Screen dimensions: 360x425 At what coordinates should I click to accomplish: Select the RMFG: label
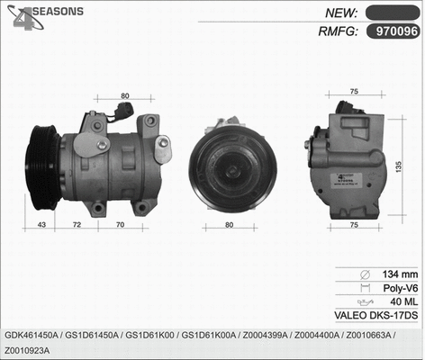(x=338, y=31)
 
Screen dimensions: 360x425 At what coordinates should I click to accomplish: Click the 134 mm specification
(x=401, y=274)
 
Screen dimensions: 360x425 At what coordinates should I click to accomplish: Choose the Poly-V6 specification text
(x=400, y=288)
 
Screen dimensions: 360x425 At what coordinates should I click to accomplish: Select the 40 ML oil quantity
(x=403, y=301)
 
